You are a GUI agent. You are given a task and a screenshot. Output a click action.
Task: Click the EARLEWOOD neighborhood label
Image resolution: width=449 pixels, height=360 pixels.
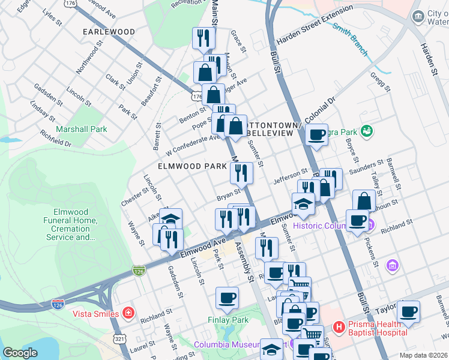click(109, 31)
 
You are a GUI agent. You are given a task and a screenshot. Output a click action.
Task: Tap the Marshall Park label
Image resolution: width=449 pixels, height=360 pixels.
click(81, 129)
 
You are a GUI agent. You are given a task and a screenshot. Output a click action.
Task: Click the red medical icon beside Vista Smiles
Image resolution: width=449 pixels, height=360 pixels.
click(128, 313)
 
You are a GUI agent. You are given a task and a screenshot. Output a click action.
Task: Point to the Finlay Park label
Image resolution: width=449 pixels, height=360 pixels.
click(228, 320)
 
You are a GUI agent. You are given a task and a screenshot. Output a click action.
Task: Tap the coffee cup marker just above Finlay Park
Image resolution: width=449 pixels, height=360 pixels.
click(227, 298)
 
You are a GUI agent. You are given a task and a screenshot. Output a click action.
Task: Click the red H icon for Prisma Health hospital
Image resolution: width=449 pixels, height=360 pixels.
click(339, 327)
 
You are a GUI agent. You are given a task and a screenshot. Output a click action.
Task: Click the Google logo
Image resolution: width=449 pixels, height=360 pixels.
click(20, 353)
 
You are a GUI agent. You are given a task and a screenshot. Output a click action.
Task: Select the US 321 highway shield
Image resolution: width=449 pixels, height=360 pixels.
click(121, 339)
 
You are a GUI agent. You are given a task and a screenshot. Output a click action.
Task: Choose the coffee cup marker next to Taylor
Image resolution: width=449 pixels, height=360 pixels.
click(408, 312)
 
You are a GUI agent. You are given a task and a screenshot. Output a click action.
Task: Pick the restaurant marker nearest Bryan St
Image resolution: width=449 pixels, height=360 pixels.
click(241, 174)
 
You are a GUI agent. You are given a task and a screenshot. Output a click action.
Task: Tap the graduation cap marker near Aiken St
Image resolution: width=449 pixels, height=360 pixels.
click(170, 220)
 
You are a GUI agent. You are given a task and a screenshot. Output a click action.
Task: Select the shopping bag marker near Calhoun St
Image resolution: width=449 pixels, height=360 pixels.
click(364, 201)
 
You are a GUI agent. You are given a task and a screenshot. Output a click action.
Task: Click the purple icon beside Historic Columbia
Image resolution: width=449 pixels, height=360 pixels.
click(371, 226)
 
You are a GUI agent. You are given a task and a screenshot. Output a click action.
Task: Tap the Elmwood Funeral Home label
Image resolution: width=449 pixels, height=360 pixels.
click(71, 224)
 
